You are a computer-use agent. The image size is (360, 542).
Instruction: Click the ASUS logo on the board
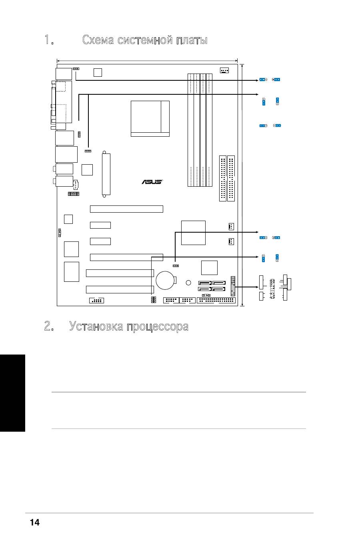[x=152, y=182]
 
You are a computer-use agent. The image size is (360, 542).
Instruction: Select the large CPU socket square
[x=150, y=119]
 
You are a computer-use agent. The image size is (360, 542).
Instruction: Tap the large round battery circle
[x=165, y=280]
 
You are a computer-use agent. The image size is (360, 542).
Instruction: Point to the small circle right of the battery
[x=188, y=282]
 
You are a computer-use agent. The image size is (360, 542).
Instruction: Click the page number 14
[x=35, y=522]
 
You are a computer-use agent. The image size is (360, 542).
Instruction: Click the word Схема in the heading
[x=98, y=40]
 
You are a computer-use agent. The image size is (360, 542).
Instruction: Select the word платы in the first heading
[x=192, y=40]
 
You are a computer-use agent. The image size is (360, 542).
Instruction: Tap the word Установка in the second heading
[x=96, y=326]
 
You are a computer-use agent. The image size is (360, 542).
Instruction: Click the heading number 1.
[x=49, y=40]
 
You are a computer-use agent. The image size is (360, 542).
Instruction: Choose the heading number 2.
[x=49, y=326]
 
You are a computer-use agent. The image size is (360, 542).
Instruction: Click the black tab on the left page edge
[x=12, y=393]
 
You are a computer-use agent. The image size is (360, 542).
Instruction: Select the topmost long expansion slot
[x=126, y=209]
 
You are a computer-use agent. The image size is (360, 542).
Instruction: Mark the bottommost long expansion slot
[x=120, y=289]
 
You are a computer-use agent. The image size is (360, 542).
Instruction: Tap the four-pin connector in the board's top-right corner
[x=224, y=70]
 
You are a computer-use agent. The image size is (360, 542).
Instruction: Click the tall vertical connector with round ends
[x=106, y=174]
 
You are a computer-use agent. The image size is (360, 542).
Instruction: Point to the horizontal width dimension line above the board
[x=147, y=60]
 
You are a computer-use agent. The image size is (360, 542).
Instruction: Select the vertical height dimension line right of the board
[x=242, y=185]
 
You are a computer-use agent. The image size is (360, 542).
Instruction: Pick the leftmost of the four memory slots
[x=191, y=130]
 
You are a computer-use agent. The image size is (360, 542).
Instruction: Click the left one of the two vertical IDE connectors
[x=223, y=179]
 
